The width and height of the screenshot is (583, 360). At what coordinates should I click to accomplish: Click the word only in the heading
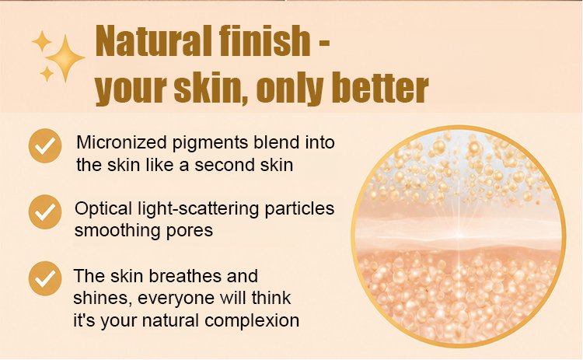(x=290, y=89)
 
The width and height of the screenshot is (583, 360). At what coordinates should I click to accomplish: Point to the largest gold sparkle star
(x=65, y=58)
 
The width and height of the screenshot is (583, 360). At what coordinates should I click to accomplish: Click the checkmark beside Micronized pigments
(x=45, y=145)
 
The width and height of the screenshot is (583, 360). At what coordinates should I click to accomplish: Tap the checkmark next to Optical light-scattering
(x=45, y=211)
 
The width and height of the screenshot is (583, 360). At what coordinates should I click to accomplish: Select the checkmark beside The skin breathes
(x=45, y=278)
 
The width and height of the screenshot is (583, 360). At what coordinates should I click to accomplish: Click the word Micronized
(x=120, y=142)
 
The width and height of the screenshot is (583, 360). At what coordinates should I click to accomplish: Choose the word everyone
(x=176, y=299)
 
